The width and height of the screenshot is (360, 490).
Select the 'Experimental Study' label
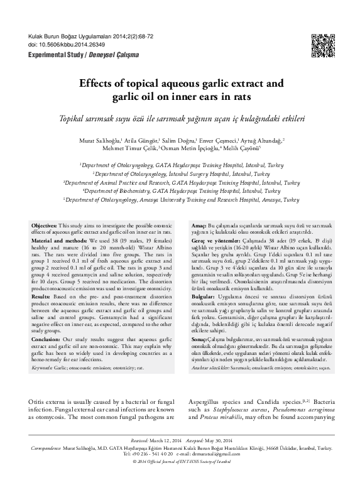tap(50, 55)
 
